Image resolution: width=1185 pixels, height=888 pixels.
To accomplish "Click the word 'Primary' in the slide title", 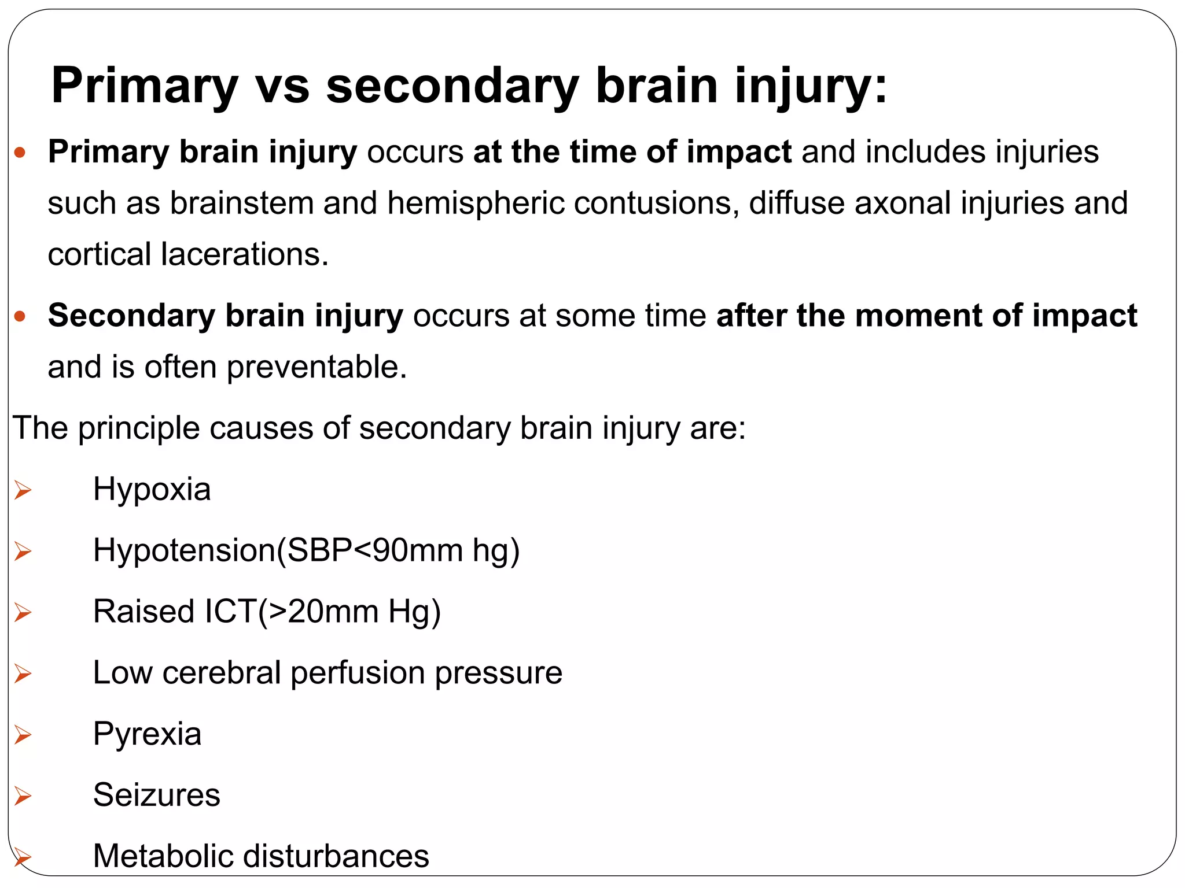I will tap(145, 87).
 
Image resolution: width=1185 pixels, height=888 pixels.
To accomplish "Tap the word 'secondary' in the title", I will tap(452, 87).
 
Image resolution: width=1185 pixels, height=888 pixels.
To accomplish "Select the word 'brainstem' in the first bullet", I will tap(241, 203).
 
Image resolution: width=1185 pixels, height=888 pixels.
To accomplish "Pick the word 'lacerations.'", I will tap(245, 254).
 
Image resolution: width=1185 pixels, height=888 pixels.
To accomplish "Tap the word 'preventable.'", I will tap(317, 368).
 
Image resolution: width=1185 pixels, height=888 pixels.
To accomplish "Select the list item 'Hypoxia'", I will tap(152, 490).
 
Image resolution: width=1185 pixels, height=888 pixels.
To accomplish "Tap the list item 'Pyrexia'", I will tap(147, 734).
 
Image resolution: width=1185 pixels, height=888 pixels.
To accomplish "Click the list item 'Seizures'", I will tap(156, 795).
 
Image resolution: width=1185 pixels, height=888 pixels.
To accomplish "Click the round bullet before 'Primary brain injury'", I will tap(20, 153).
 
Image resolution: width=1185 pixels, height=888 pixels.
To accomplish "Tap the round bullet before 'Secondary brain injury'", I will tap(20, 316).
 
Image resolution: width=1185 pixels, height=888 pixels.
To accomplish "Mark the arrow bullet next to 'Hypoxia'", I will tap(23, 491).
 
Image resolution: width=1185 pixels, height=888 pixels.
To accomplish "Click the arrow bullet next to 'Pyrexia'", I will tap(23, 735).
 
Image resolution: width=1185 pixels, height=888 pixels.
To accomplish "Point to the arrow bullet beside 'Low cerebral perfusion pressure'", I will tap(23, 674).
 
